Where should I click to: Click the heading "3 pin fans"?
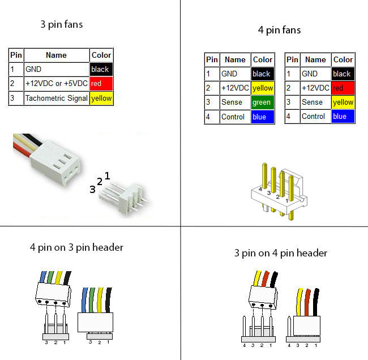pos(62,24)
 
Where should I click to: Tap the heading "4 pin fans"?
pos(279,29)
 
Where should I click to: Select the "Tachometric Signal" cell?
pos(56,98)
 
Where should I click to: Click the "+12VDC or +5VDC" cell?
pos(56,84)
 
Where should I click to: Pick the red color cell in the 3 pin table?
pos(101,84)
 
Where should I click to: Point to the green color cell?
pos(262,102)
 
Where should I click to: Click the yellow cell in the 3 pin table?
pos(101,98)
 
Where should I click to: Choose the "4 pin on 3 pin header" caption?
pos(76,247)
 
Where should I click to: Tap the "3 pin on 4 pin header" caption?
pos(281,253)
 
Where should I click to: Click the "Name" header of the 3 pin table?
pos(56,55)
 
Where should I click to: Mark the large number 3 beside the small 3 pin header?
pos(92,190)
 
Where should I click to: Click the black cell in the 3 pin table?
pos(101,69)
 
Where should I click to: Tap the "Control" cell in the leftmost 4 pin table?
pos(234,117)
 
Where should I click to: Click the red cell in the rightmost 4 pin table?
pos(343,88)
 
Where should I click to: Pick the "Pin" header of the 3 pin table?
pos(16,55)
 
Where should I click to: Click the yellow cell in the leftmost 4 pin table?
pos(262,88)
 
